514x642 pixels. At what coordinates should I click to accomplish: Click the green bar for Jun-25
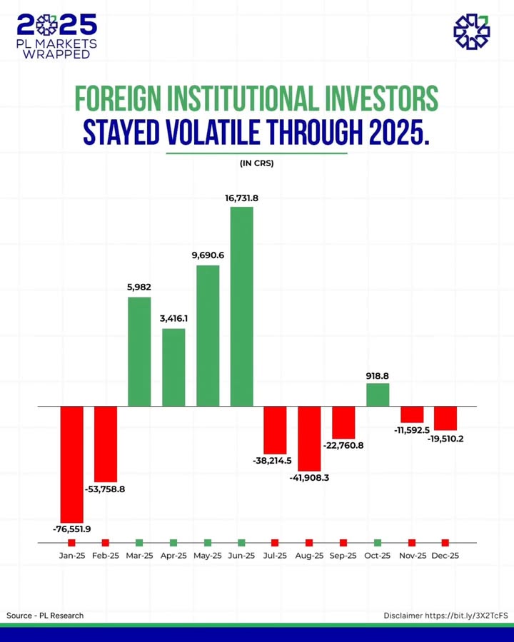(x=241, y=307)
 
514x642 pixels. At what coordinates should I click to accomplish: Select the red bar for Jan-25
(x=71, y=464)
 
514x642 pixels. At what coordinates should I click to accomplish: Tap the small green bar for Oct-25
(x=378, y=394)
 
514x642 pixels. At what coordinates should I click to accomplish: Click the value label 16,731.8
(x=241, y=198)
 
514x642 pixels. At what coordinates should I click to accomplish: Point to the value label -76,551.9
(x=71, y=529)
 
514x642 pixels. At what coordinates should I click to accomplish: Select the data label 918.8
(x=378, y=375)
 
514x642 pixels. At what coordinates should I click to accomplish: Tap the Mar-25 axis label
(x=139, y=556)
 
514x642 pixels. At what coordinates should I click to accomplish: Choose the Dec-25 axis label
(x=445, y=556)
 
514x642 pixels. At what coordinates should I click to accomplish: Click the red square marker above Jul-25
(x=275, y=543)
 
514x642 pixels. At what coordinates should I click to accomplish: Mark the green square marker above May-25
(x=208, y=543)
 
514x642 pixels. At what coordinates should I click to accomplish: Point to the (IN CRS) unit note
(x=257, y=163)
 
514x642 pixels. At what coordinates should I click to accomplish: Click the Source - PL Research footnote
(x=45, y=615)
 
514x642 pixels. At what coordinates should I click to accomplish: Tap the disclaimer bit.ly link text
(x=466, y=615)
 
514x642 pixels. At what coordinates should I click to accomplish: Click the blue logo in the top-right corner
(x=472, y=31)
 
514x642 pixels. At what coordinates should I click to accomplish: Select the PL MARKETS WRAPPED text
(x=57, y=49)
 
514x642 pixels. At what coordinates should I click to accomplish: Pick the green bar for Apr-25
(x=173, y=367)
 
